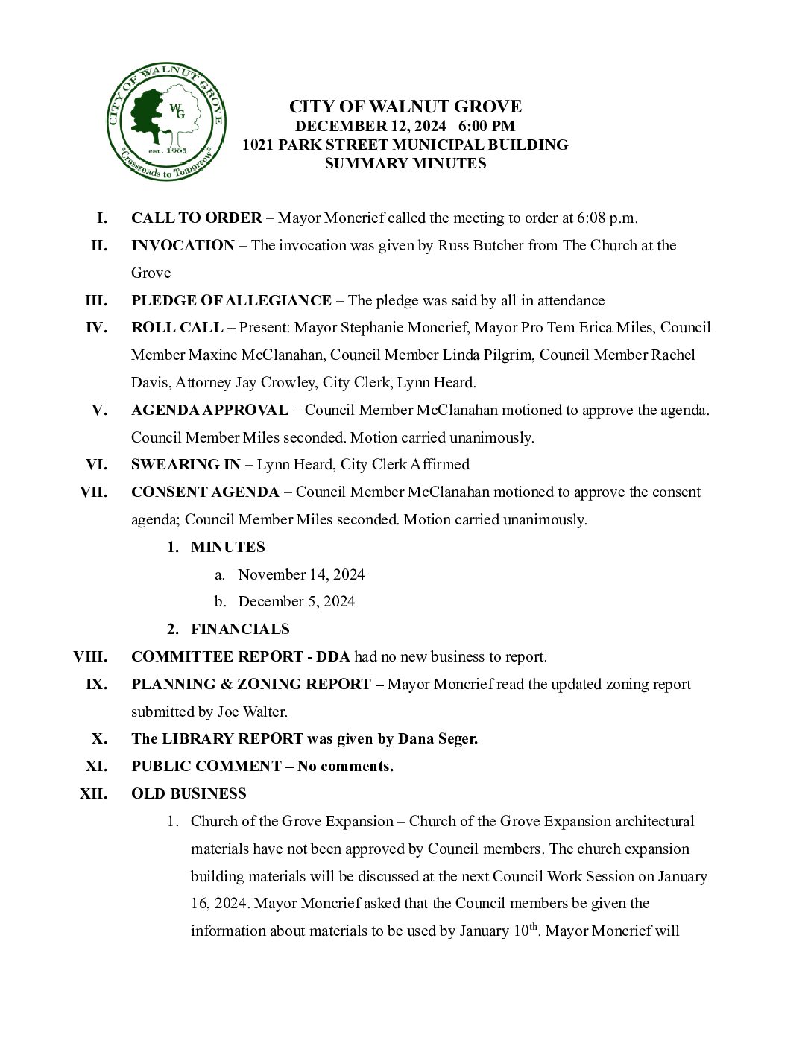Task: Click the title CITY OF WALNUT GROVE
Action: [x=405, y=107]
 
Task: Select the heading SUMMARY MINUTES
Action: [x=405, y=163]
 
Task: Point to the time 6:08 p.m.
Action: [x=607, y=218]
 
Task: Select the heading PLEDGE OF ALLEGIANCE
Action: [x=231, y=300]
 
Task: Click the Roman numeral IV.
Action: [x=96, y=328]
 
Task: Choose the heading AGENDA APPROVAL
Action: [x=209, y=410]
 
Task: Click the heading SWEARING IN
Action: [x=186, y=465]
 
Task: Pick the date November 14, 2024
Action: [x=301, y=574]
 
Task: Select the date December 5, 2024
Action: [x=297, y=601]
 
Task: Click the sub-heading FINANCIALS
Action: [x=240, y=629]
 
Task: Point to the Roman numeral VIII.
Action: [x=90, y=656]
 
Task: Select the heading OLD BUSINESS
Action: [x=189, y=793]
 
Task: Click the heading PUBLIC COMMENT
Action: [x=206, y=766]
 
